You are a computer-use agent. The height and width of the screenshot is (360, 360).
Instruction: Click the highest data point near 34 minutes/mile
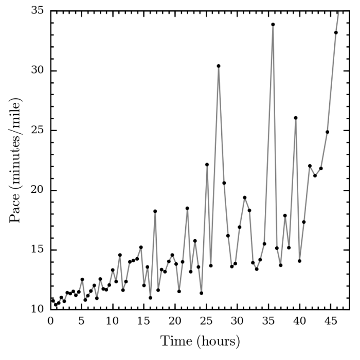tap(273, 24)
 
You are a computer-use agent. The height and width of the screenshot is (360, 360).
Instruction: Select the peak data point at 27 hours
tap(219, 66)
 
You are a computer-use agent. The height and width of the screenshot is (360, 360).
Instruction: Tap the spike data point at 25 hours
tap(207, 165)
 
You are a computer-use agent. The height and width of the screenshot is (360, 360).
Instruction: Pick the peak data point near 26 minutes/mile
tap(296, 118)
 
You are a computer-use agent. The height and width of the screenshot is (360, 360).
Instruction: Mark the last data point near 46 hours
tap(336, 32)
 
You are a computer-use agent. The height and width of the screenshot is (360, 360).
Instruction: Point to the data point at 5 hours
tap(82, 279)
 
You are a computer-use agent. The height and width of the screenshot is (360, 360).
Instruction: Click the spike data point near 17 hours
tap(155, 211)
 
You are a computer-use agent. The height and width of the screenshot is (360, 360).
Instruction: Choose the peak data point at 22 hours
tap(187, 208)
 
